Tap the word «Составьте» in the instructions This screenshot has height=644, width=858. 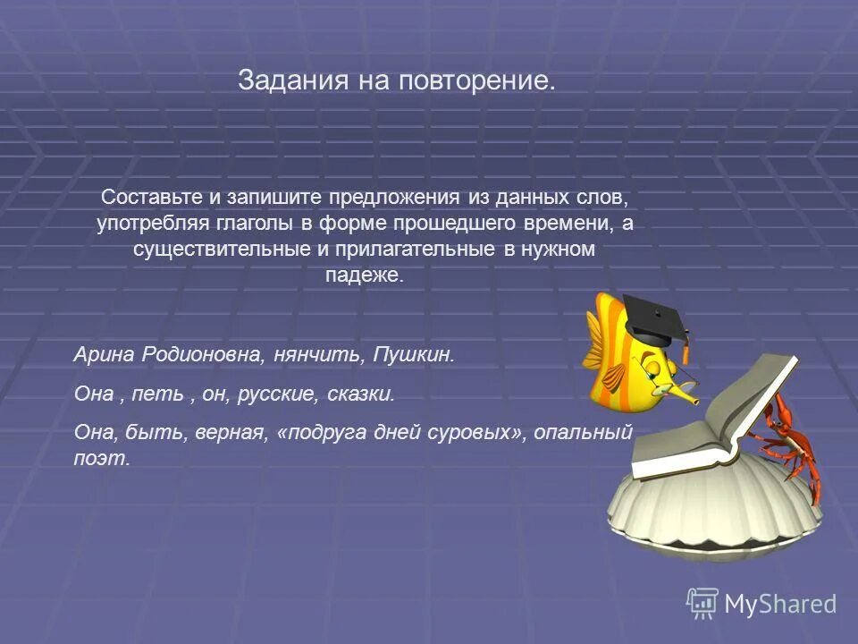(146, 197)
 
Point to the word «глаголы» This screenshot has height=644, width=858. (246, 223)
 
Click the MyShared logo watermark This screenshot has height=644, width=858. (761, 604)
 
